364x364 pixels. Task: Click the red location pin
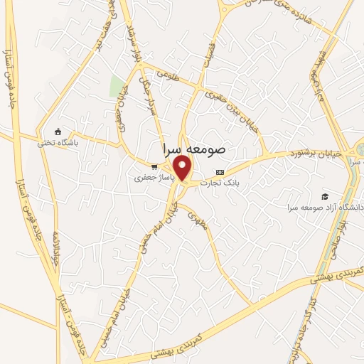click(x=183, y=167)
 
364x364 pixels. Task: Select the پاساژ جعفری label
click(x=150, y=178)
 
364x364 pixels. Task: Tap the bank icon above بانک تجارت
click(x=220, y=172)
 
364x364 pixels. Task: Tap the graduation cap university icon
click(x=326, y=196)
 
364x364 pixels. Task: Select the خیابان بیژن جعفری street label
click(x=227, y=99)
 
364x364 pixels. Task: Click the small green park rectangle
click(x=117, y=86)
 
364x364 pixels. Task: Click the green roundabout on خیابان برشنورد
click(x=360, y=149)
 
